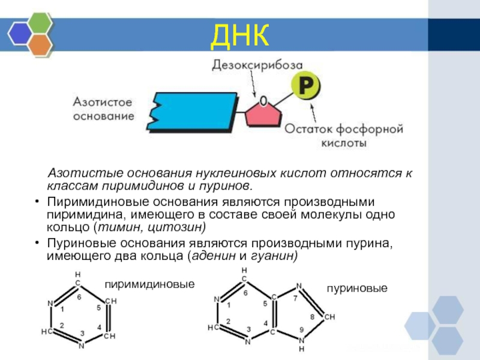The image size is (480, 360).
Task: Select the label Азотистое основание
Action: click(103, 109)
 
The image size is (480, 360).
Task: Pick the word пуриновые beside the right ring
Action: click(358, 289)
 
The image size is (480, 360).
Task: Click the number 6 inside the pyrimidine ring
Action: click(78, 296)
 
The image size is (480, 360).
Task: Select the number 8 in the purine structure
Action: click(311, 316)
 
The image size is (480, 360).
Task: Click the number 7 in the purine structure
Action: click(295, 298)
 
